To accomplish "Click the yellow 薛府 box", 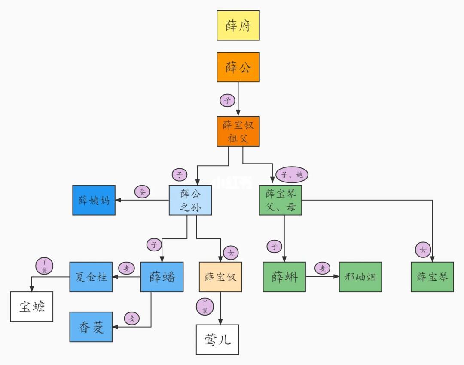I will click(x=238, y=25).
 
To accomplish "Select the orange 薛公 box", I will click(x=238, y=67).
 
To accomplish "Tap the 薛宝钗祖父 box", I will click(x=238, y=131).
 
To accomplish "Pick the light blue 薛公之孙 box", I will click(x=190, y=200).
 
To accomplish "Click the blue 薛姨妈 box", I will click(x=94, y=200).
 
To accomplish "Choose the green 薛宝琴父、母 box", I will click(x=281, y=200).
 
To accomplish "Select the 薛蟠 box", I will click(x=162, y=277).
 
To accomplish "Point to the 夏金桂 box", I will click(x=91, y=277).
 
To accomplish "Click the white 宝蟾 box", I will click(x=32, y=306).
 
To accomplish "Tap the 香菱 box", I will click(x=91, y=327).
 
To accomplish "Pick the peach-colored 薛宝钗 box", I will click(x=220, y=277).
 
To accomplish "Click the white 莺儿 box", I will click(x=217, y=340).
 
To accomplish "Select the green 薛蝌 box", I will click(x=284, y=277).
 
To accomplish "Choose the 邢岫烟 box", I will click(x=360, y=277).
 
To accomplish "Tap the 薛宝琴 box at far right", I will click(x=432, y=277).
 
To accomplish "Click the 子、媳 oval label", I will click(x=292, y=174).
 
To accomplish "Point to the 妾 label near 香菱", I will click(x=132, y=318).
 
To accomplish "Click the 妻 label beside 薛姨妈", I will click(x=142, y=192).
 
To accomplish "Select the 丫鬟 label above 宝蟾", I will click(x=44, y=266).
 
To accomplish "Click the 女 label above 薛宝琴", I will click(x=423, y=249).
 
